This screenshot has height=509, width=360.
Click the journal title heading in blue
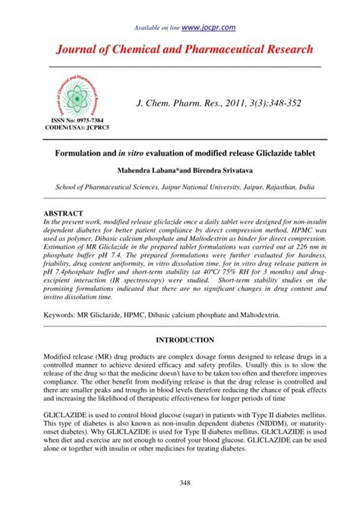click(x=180, y=49)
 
